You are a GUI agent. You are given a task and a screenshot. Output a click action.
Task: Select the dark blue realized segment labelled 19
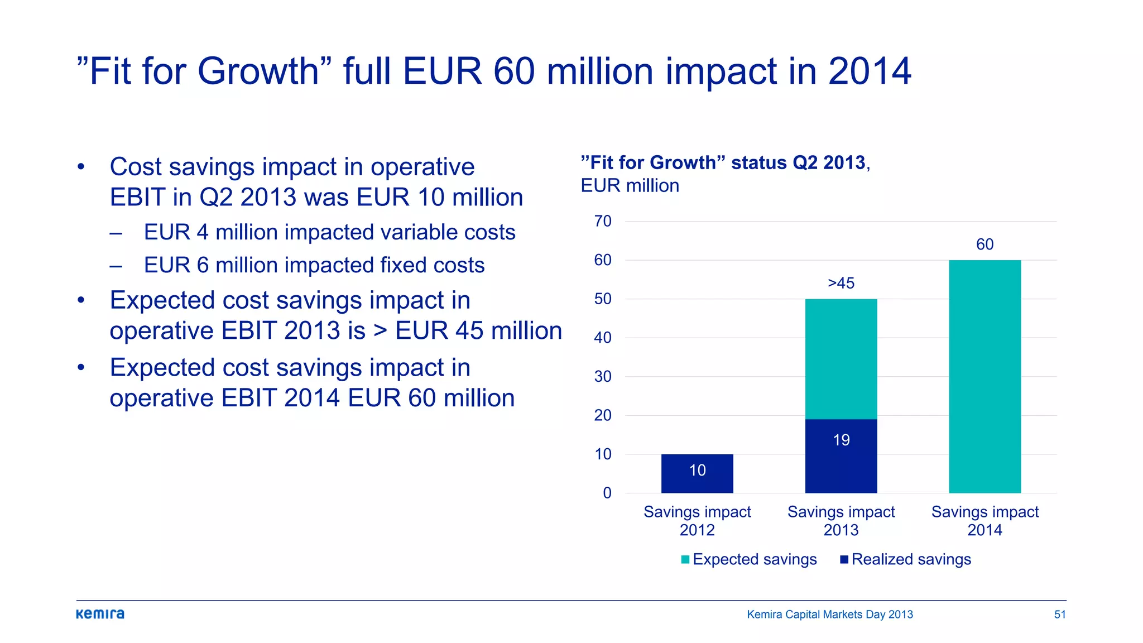(x=841, y=455)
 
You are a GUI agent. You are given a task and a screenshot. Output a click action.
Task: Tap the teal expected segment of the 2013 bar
(x=841, y=358)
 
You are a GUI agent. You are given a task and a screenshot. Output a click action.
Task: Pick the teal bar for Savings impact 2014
(x=984, y=376)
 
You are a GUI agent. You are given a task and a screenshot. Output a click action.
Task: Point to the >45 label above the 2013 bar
(x=841, y=283)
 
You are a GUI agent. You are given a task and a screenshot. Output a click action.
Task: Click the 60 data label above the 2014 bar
(x=984, y=244)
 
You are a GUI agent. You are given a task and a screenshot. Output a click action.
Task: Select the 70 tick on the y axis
(x=603, y=221)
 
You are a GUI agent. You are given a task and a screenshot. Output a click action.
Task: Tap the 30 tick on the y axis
(x=603, y=376)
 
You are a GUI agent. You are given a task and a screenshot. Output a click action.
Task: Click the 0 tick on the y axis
(x=607, y=493)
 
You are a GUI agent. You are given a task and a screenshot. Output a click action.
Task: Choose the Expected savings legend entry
(x=749, y=559)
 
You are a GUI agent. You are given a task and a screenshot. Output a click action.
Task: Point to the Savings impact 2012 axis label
(x=697, y=520)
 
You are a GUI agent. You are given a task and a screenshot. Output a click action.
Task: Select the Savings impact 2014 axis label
(x=984, y=520)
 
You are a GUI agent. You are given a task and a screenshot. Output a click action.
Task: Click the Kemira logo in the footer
(x=100, y=614)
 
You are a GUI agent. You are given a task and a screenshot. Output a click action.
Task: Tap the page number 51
(x=1059, y=615)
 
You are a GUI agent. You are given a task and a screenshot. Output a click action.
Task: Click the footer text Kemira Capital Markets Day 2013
(x=829, y=615)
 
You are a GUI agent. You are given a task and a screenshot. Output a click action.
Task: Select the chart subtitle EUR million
(x=630, y=185)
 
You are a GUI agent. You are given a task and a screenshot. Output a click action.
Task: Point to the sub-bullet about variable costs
(x=329, y=232)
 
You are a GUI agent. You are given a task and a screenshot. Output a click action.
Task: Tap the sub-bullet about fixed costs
(x=314, y=265)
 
